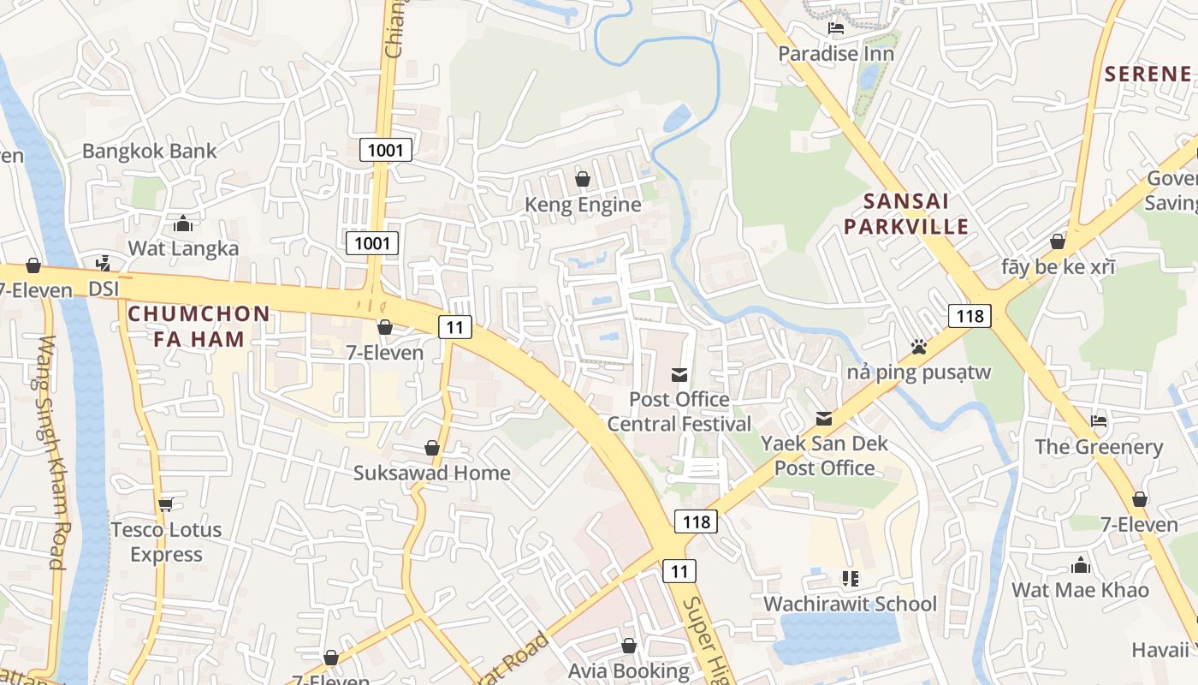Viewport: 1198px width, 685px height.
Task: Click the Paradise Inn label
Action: point(836,54)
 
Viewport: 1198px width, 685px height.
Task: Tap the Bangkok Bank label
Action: point(150,152)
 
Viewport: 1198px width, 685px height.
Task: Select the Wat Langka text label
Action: point(183,248)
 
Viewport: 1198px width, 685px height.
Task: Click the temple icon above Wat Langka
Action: point(183,224)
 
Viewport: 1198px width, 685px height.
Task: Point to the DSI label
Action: point(104,289)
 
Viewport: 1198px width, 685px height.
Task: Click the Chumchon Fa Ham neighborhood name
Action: point(199,326)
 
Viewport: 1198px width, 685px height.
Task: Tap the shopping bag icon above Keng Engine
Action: point(583,179)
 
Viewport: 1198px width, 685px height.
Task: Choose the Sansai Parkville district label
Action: point(916,214)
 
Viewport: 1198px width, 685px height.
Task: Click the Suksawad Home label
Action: point(432,473)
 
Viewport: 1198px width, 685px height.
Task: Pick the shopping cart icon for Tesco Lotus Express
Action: point(165,504)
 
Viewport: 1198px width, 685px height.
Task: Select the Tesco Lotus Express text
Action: point(166,542)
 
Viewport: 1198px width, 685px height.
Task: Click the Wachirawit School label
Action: point(850,604)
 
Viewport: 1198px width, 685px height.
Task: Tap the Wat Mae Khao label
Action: point(1080,590)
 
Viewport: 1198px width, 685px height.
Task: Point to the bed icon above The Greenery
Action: point(1099,421)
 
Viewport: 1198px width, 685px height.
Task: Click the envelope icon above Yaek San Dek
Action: point(824,419)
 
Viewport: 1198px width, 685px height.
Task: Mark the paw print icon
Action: point(919,347)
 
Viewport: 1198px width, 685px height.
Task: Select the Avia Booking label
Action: point(629,670)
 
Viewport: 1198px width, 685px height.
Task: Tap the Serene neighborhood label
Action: point(1148,74)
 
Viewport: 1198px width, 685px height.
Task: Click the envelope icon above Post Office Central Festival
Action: point(679,374)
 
